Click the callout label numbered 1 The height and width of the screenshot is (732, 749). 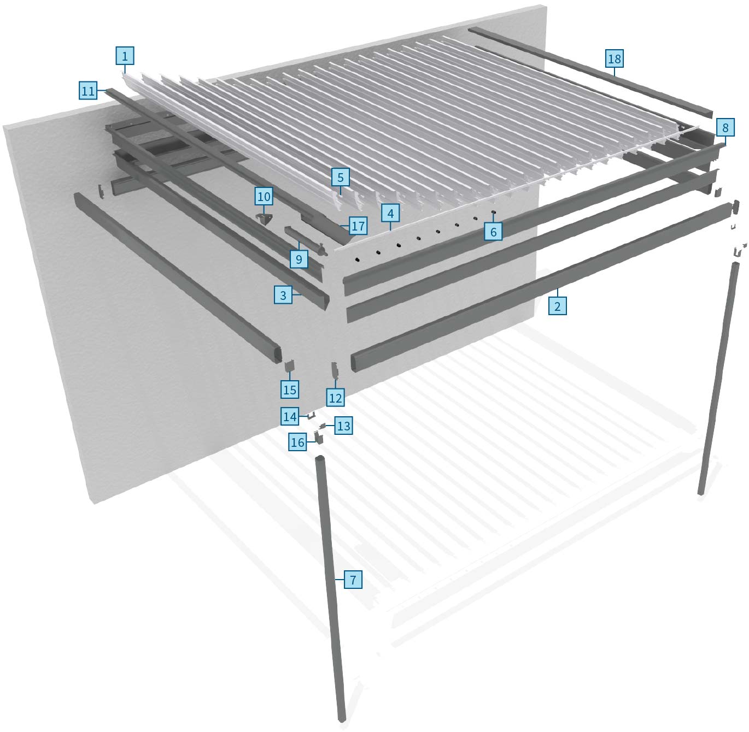[125, 56]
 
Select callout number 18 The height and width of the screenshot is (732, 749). [615, 58]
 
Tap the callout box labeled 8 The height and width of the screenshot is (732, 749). [725, 128]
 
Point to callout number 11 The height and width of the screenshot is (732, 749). [88, 91]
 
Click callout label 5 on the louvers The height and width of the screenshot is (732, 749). [340, 178]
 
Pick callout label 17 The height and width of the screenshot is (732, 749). [358, 225]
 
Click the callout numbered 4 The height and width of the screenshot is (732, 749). [390, 214]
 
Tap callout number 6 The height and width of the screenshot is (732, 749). [493, 232]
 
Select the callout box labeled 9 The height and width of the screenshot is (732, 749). [299, 259]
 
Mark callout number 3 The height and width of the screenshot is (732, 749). [283, 296]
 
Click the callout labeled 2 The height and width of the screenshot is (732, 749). [557, 306]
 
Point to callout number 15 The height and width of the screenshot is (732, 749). [290, 389]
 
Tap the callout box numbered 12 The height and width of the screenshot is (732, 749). [335, 398]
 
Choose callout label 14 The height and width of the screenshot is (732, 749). [290, 417]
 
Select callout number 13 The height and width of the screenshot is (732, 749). [343, 426]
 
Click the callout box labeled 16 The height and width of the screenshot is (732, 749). [297, 442]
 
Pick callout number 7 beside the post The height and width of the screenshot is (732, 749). [353, 580]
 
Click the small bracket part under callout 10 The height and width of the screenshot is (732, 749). [264, 219]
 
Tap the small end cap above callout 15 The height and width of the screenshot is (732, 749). [289, 368]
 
